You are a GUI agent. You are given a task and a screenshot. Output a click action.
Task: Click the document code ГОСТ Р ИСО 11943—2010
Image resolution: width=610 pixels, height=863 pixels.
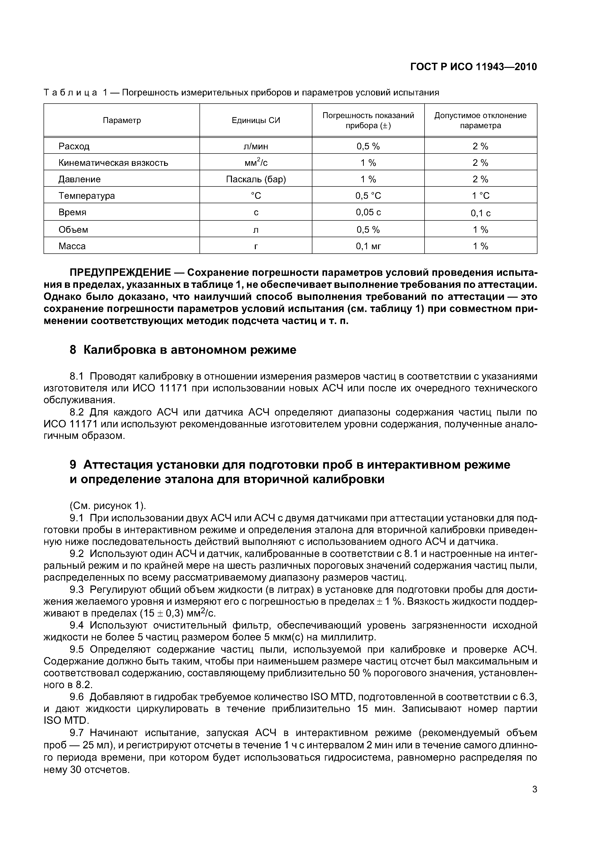(473, 67)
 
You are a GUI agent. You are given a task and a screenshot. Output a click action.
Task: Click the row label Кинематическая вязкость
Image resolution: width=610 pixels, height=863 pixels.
(113, 163)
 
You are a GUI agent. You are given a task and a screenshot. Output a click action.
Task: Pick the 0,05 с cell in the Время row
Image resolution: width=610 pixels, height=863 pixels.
(368, 212)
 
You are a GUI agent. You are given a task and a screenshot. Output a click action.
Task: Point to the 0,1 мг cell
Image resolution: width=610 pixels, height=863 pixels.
(368, 246)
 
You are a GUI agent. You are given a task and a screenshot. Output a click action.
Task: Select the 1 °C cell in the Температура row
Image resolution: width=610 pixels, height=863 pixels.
(480, 196)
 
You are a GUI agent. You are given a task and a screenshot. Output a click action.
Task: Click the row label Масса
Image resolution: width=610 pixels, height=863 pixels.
(72, 246)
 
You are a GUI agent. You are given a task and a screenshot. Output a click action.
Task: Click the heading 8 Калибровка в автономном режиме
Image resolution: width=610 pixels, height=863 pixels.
(183, 350)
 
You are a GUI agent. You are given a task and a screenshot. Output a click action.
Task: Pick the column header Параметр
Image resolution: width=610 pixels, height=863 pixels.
(122, 120)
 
